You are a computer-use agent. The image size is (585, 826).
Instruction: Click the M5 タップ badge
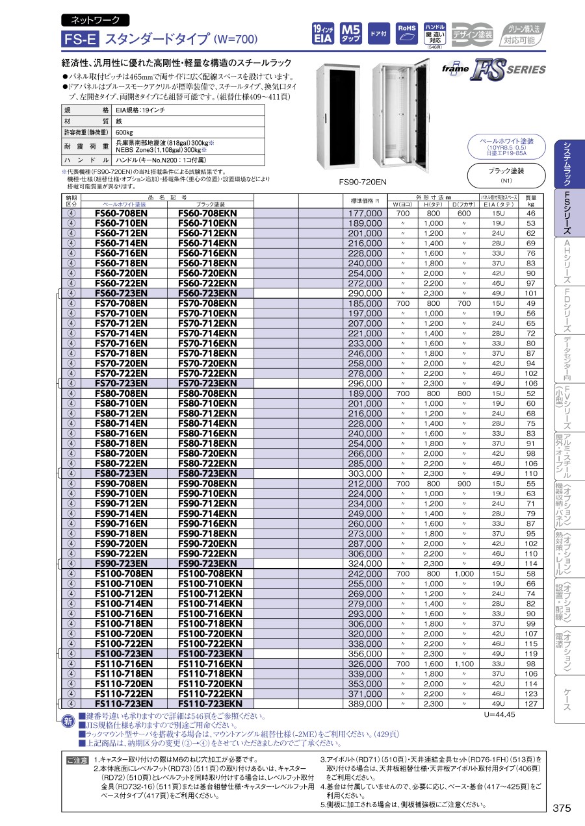(351, 34)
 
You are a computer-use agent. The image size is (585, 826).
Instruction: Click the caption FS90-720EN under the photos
(363, 182)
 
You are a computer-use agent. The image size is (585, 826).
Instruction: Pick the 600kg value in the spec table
(124, 132)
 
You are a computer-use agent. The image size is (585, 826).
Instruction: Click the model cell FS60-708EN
(121, 213)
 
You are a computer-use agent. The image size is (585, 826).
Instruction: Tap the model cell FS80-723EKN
(207, 475)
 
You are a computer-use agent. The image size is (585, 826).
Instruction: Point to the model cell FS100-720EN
(123, 633)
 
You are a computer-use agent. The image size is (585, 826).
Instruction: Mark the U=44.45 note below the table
(499, 714)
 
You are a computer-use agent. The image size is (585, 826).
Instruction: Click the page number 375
(562, 808)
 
